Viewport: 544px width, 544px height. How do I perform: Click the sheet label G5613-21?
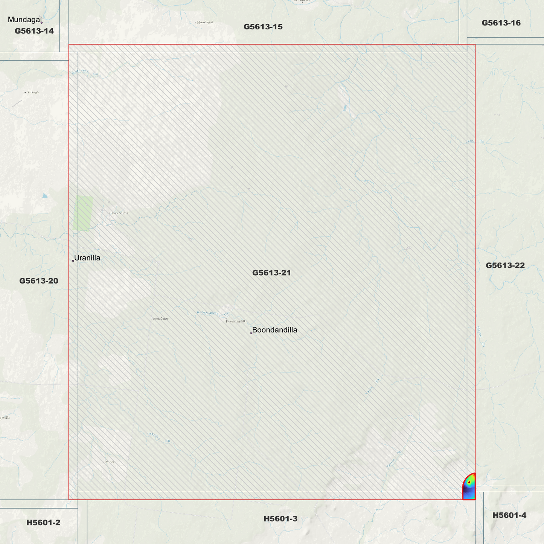(271, 273)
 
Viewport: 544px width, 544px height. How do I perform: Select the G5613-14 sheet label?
(34, 31)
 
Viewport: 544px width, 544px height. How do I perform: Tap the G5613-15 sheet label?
(263, 27)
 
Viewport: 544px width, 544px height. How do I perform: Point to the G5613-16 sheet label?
(501, 23)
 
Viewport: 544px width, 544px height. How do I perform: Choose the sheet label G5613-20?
(39, 281)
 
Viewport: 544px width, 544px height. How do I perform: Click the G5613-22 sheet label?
(505, 265)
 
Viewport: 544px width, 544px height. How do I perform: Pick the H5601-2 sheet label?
(43, 523)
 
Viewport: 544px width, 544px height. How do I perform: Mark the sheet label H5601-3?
(280, 519)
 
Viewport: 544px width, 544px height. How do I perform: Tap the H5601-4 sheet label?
(509, 515)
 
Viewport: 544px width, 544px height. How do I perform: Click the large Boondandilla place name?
(274, 330)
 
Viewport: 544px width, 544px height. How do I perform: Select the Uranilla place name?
(87, 258)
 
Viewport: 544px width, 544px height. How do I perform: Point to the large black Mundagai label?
(24, 20)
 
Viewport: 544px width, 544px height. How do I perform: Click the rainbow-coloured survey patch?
(469, 488)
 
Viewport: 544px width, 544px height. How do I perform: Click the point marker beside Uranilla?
(73, 261)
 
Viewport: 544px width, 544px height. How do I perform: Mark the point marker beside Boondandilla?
(251, 333)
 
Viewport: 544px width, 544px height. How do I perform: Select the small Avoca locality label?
(109, 462)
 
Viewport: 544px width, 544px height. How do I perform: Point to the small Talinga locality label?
(32, 92)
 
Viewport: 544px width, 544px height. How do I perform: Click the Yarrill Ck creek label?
(394, 460)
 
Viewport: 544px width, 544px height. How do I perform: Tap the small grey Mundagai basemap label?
(204, 22)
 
